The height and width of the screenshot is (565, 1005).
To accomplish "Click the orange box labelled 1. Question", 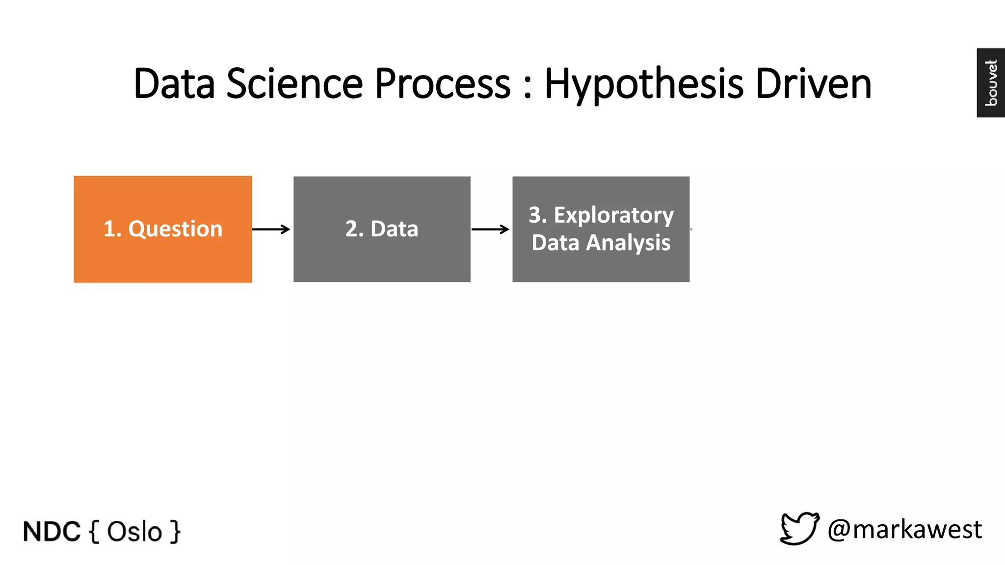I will click(x=162, y=229).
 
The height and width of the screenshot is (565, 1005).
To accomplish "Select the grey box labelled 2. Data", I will click(x=382, y=229).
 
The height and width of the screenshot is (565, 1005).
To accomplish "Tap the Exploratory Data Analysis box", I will click(x=601, y=229).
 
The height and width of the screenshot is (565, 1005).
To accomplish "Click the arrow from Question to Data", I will click(x=271, y=229).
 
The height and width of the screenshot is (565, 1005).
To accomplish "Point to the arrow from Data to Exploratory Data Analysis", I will click(x=490, y=229).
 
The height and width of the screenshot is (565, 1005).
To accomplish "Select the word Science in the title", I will click(x=294, y=83).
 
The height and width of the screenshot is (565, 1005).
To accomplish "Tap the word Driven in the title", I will click(x=813, y=83).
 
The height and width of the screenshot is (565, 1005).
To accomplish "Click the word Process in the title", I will click(x=443, y=83).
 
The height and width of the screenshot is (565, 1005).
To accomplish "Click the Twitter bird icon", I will click(x=799, y=529).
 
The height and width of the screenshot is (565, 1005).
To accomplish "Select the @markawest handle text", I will click(x=904, y=530).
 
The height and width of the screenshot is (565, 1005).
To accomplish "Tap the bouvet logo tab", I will click(x=991, y=82).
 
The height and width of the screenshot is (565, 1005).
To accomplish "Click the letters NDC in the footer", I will click(x=52, y=532).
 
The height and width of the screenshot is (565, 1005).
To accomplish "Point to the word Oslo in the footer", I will click(x=134, y=532).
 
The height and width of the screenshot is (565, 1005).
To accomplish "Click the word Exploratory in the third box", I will click(x=613, y=215).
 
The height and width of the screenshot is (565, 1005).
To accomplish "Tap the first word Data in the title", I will click(x=174, y=83).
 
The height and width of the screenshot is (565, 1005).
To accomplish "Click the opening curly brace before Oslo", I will click(x=94, y=532).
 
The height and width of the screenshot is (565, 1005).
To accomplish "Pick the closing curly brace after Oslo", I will click(x=175, y=532).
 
